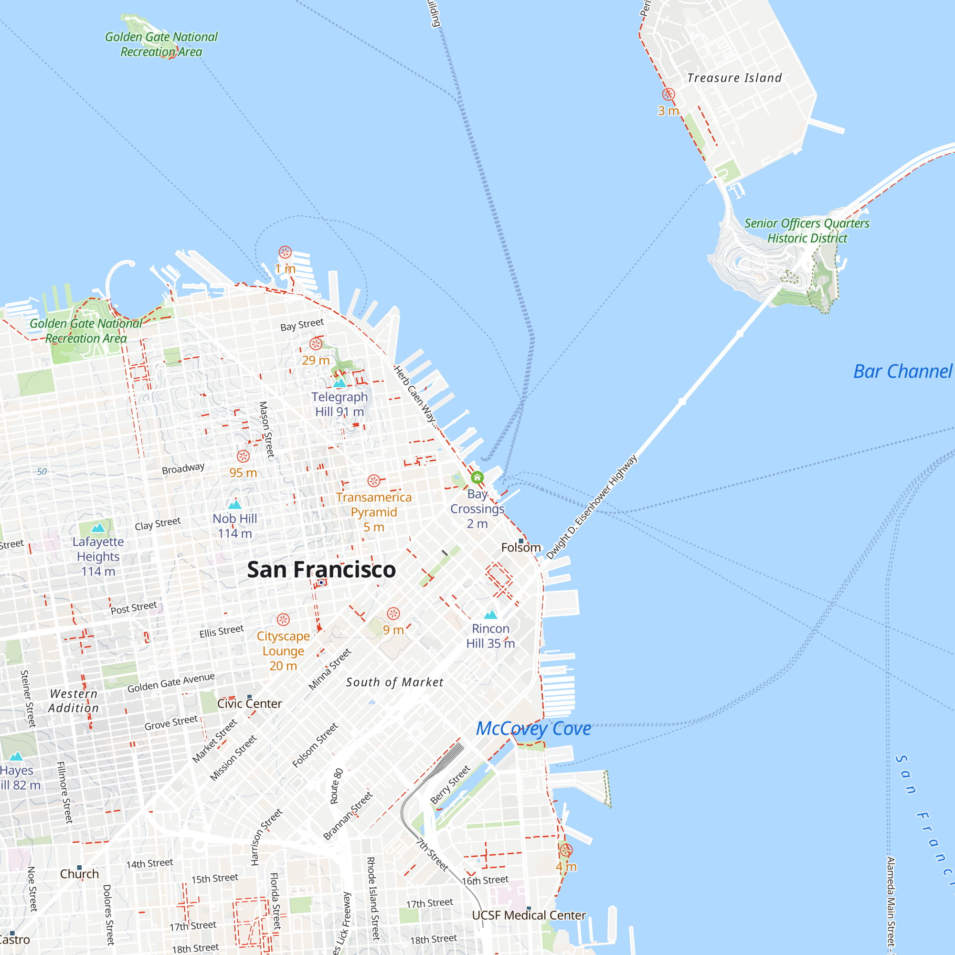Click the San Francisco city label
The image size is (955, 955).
pyautogui.click(x=321, y=570)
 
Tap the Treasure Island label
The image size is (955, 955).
pyautogui.click(x=734, y=78)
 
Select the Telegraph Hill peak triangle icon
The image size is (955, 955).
pyautogui.click(x=339, y=383)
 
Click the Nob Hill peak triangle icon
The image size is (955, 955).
pyautogui.click(x=235, y=505)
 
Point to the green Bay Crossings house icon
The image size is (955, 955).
pyautogui.click(x=477, y=477)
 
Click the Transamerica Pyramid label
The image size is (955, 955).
pyautogui.click(x=374, y=505)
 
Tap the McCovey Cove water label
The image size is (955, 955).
pyautogui.click(x=533, y=729)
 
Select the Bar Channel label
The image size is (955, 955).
pyautogui.click(x=902, y=371)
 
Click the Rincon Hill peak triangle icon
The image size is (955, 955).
pyautogui.click(x=490, y=615)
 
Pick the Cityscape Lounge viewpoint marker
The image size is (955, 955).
pyautogui.click(x=283, y=619)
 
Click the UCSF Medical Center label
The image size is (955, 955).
pyautogui.click(x=529, y=915)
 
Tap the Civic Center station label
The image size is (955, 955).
pyautogui.click(x=250, y=703)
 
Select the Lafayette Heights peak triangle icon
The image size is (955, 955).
pyautogui.click(x=98, y=528)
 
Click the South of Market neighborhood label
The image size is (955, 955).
pyautogui.click(x=394, y=682)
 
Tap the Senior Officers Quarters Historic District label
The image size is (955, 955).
pyautogui.click(x=806, y=230)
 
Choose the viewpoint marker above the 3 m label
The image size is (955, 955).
pyautogui.click(x=668, y=94)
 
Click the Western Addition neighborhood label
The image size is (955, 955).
pyautogui.click(x=74, y=701)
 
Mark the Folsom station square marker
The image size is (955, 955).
pyautogui.click(x=521, y=541)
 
